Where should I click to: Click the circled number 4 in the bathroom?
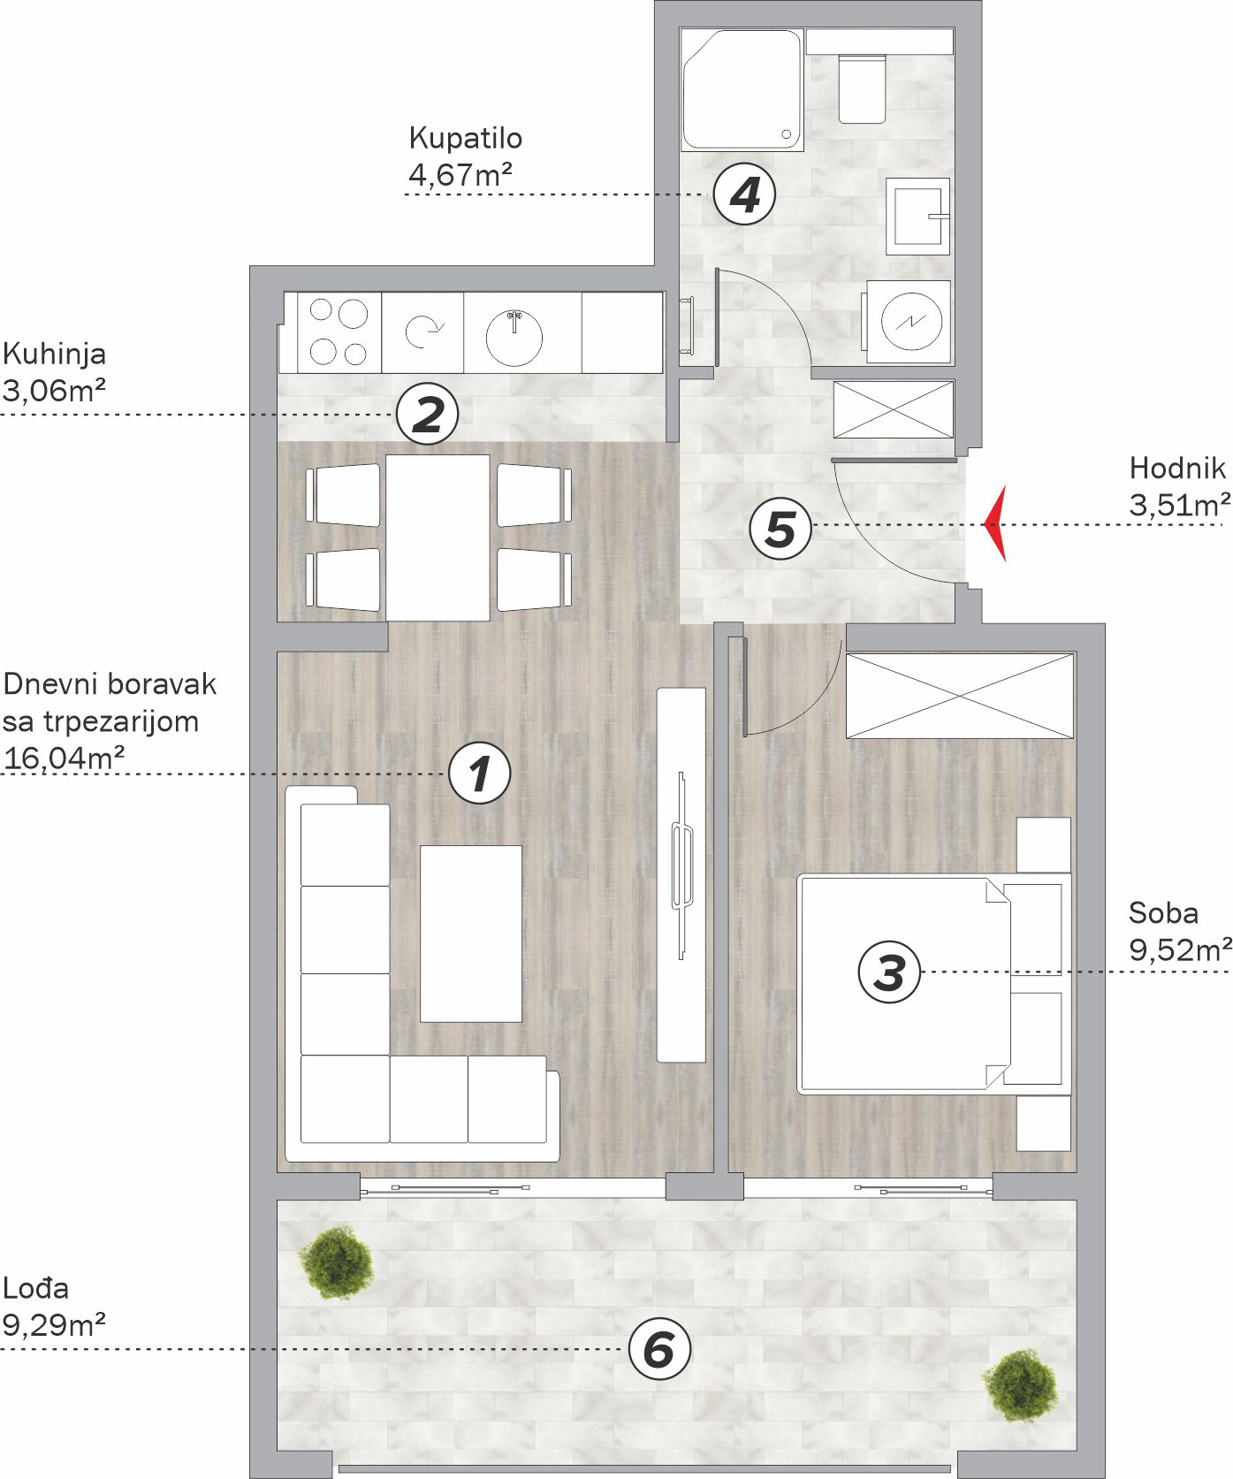[744, 194]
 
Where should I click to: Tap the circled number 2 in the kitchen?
[427, 415]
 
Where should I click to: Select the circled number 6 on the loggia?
[658, 1349]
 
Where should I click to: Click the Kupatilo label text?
[465, 138]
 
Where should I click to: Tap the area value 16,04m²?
[64, 758]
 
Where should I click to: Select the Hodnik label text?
[1177, 468]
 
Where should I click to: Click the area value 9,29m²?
[54, 1325]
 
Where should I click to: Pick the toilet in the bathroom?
[861, 88]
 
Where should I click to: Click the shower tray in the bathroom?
[742, 88]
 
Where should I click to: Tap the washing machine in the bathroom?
[908, 322]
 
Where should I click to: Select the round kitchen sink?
[514, 337]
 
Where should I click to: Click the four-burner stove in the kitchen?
[339, 332]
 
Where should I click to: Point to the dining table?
[438, 537]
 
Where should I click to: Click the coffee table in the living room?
[470, 934]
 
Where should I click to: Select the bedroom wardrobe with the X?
[960, 696]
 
